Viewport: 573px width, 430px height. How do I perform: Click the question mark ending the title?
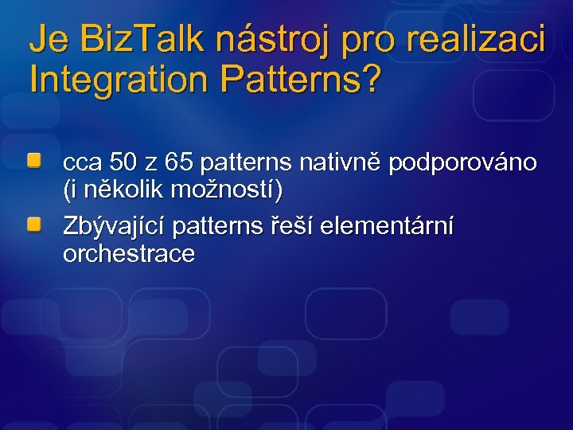pos(370,79)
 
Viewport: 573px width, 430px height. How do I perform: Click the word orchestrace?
pos(129,254)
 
